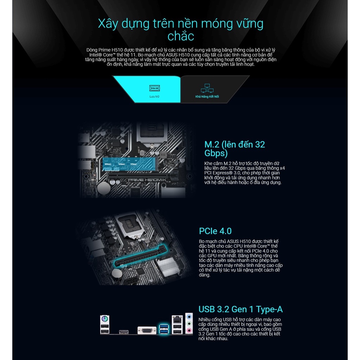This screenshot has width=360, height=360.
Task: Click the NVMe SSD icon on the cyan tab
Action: [154, 88]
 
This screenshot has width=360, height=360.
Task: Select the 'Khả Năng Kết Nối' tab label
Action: [207, 96]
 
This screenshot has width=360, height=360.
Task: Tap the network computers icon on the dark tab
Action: [207, 88]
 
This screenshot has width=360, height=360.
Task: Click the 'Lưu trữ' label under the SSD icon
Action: [154, 96]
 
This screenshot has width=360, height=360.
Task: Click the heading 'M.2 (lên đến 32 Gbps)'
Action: [234, 149]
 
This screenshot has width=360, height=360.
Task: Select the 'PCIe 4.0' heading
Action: [215, 231]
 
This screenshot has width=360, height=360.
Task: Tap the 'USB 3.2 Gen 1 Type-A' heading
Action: [240, 309]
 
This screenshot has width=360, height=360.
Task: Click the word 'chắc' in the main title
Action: [180, 36]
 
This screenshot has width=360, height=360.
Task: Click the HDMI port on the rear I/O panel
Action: [123, 332]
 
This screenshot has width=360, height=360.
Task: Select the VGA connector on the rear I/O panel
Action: [144, 331]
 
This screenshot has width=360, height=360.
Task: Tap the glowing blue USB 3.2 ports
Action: [164, 329]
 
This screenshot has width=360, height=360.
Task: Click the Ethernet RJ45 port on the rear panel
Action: [177, 320]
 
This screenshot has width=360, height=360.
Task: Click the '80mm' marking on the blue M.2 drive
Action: [108, 164]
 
